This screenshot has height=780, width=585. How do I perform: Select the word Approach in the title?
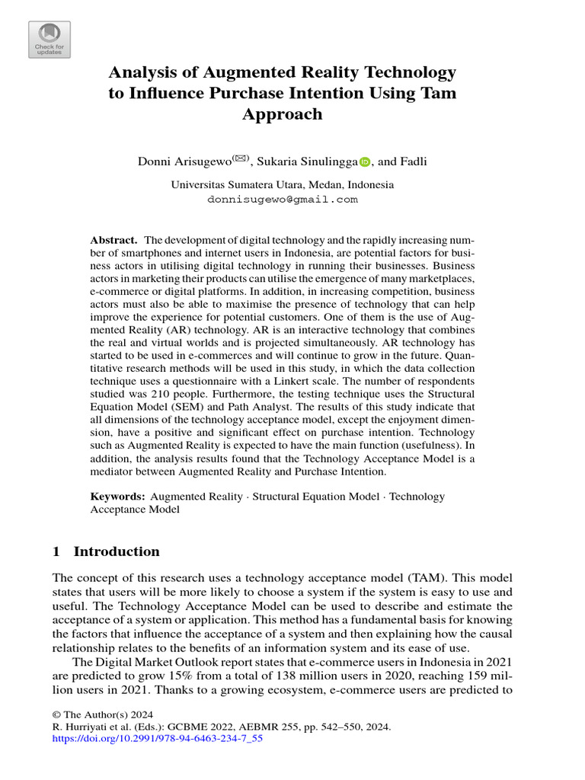(282, 114)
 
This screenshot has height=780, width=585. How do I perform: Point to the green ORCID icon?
(363, 162)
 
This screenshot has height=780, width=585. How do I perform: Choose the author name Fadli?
(413, 161)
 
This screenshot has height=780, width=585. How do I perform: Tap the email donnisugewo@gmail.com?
(282, 200)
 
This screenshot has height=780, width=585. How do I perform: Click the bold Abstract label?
(113, 239)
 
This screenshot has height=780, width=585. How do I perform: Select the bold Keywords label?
(117, 497)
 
